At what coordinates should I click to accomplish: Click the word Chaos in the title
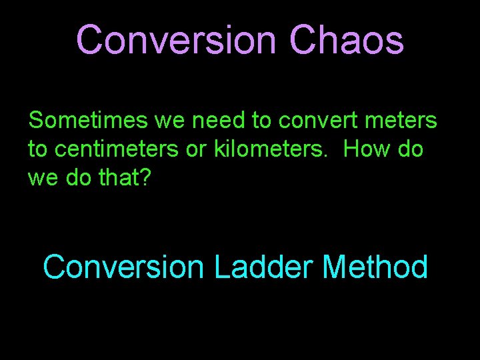[346, 40]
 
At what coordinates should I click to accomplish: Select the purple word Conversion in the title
[175, 40]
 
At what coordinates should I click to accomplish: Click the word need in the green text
[219, 121]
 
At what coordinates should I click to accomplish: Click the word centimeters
[117, 149]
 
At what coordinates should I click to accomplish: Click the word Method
[375, 267]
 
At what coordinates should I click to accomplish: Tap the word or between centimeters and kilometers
[197, 149]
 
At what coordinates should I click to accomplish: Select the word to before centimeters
[37, 149]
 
